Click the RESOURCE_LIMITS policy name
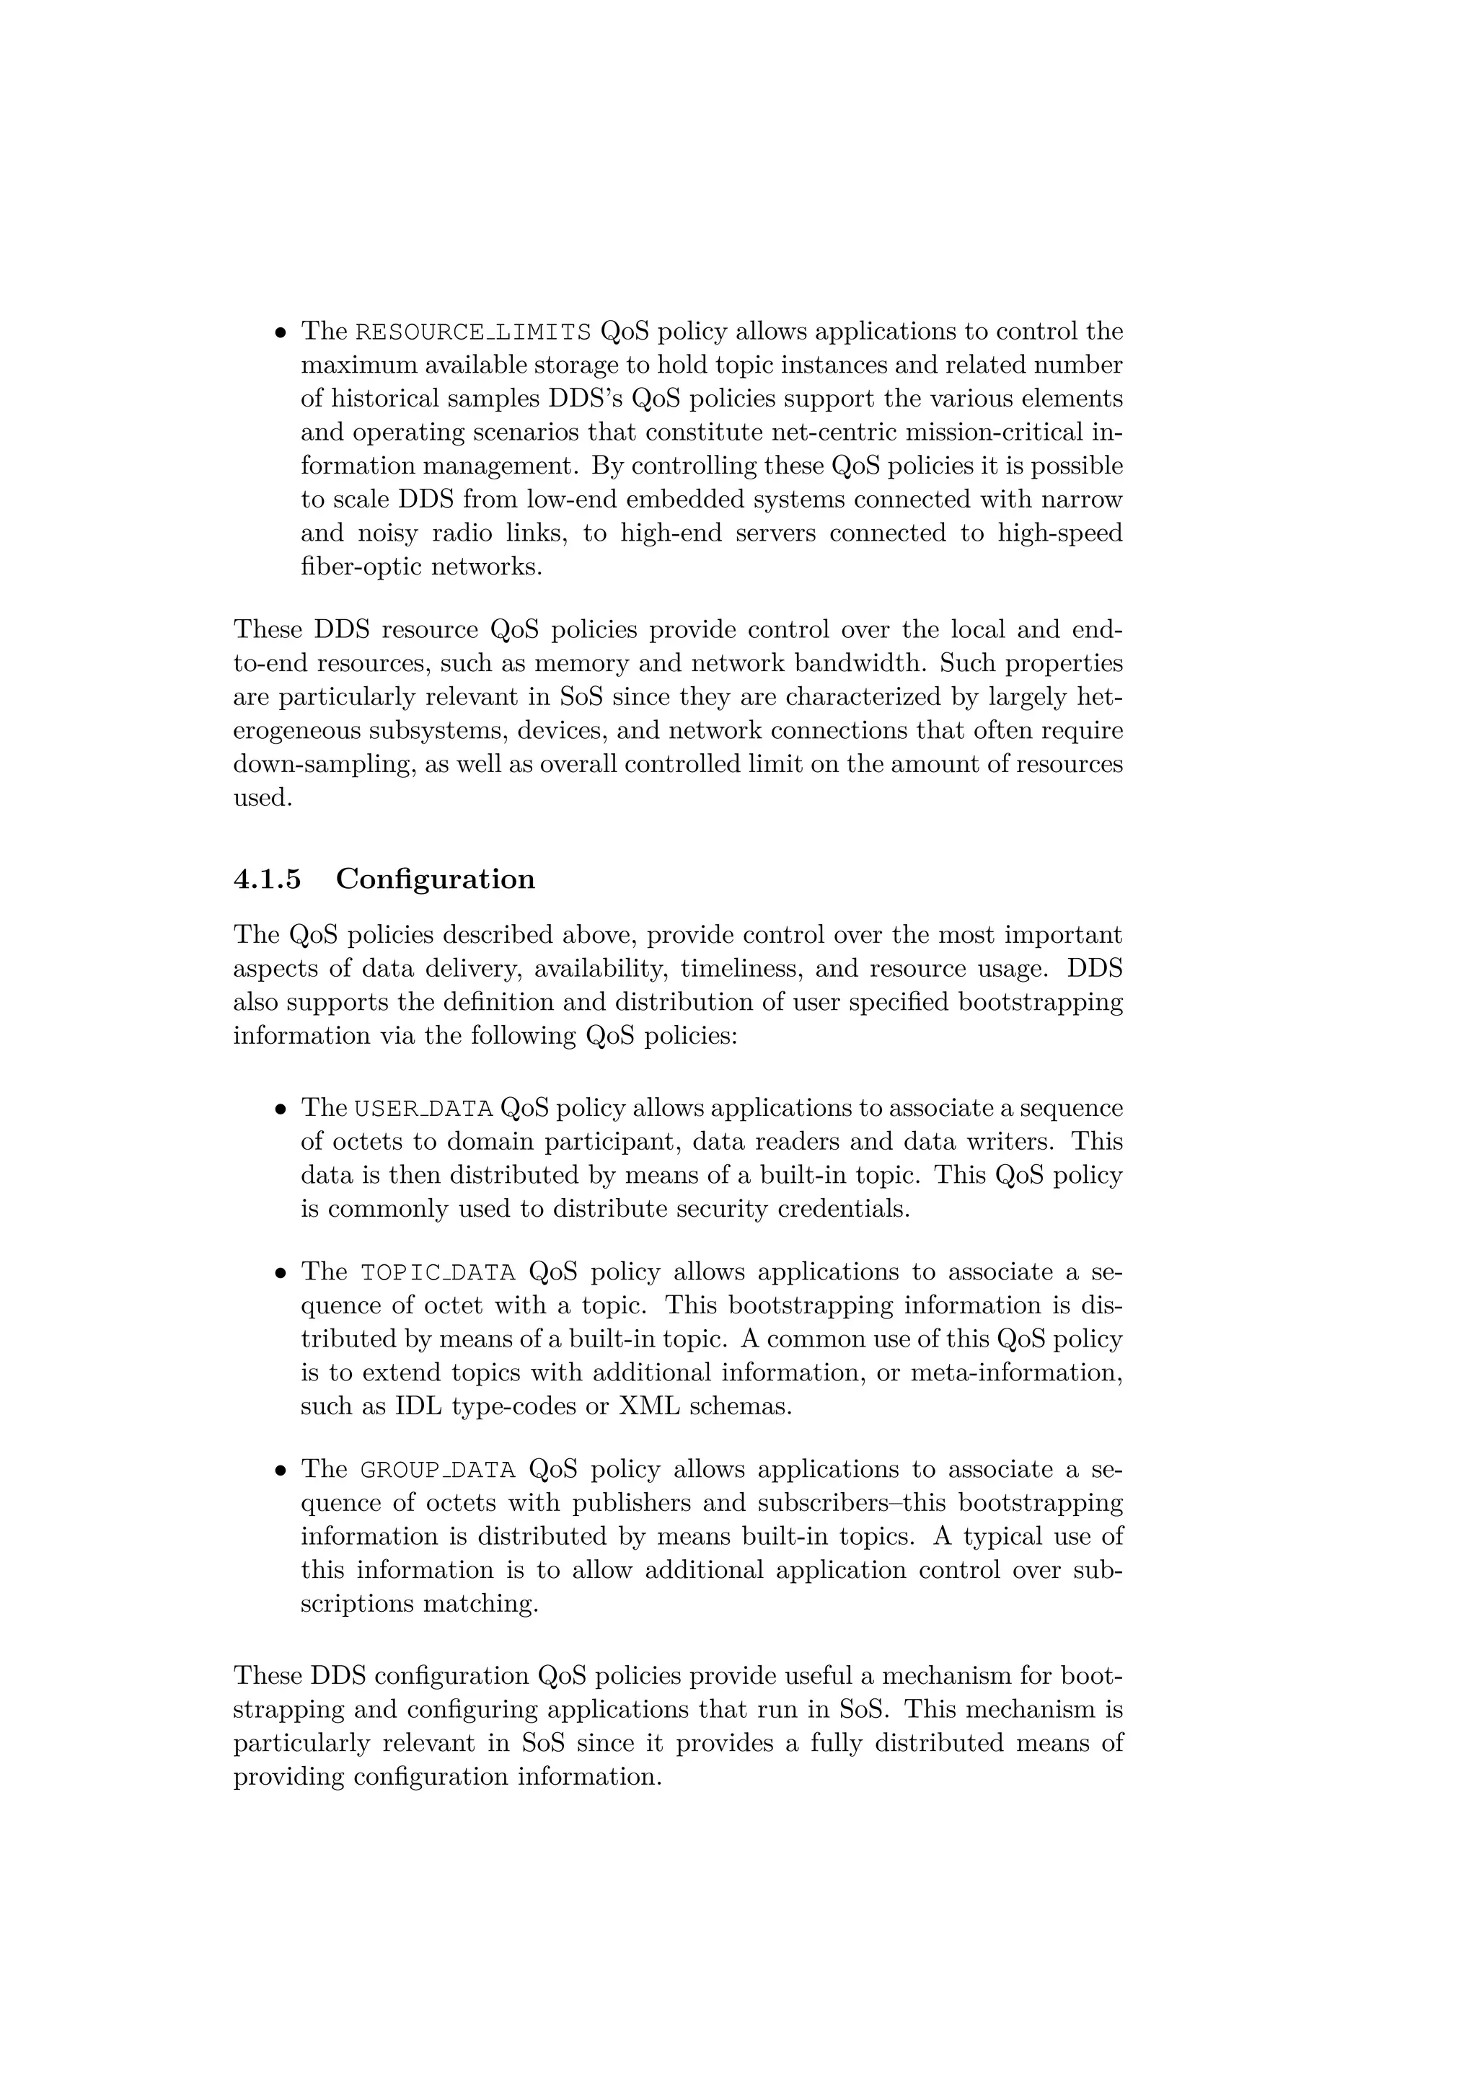click(x=472, y=331)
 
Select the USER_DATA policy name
click(x=423, y=1108)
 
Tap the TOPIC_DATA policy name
click(x=438, y=1272)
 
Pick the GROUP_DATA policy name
click(x=438, y=1469)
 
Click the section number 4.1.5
click(x=267, y=879)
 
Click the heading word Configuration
click(x=435, y=879)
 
